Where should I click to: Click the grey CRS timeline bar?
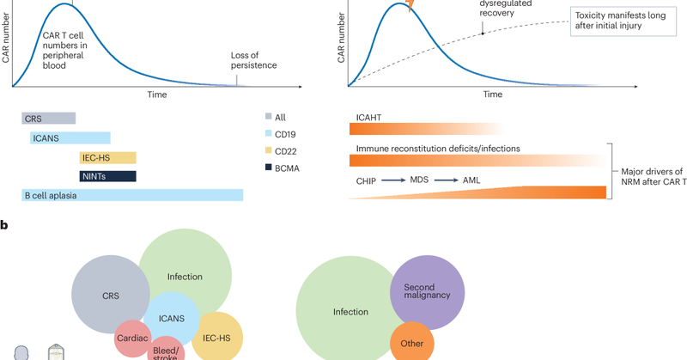click(x=48, y=119)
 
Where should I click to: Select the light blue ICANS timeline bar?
click(x=70, y=137)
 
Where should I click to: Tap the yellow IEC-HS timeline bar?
click(x=107, y=157)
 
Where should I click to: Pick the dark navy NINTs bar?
click(x=107, y=176)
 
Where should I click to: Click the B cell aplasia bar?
click(x=129, y=195)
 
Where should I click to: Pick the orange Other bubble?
click(x=411, y=343)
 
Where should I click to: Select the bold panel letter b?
click(x=5, y=226)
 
